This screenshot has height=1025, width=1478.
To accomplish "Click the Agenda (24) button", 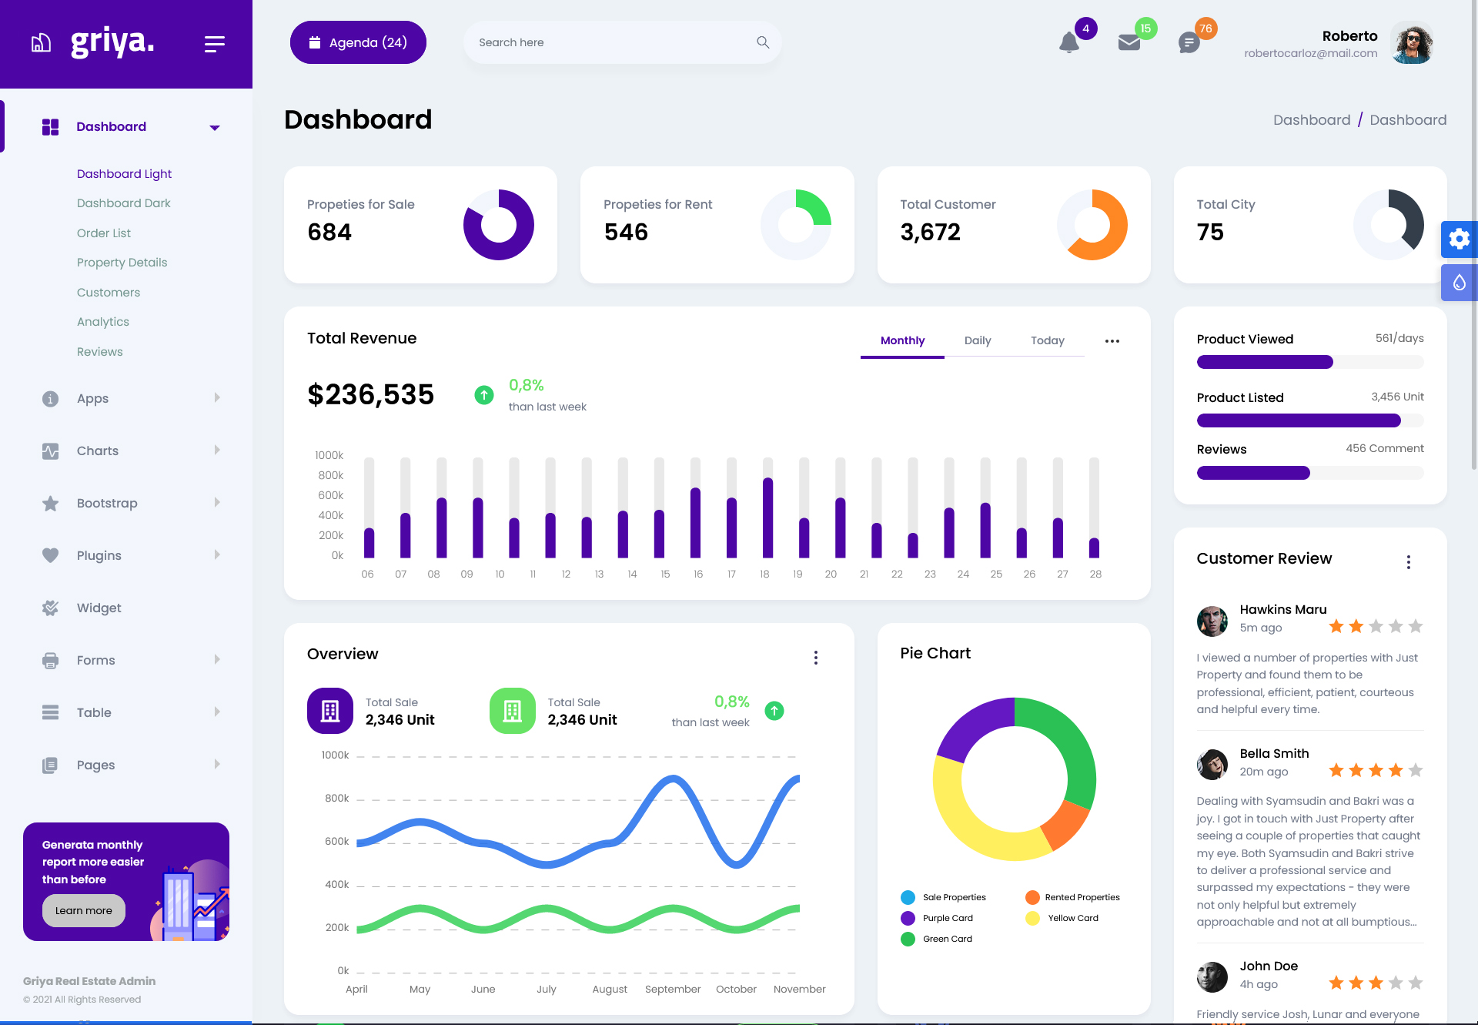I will pos(358,42).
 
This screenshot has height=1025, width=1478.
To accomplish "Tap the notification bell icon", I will pos(1068,42).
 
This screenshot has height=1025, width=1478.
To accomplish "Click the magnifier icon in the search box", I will pos(762,42).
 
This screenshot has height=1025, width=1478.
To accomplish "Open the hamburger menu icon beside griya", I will pos(214,44).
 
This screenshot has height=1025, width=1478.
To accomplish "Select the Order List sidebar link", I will pos(104,233).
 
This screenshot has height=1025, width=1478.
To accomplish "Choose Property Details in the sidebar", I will pos(122,263).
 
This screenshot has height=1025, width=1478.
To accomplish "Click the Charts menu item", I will pos(98,451).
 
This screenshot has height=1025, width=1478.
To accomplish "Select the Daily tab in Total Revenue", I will pos(978,340).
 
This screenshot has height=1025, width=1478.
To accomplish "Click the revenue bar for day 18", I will pos(767,518).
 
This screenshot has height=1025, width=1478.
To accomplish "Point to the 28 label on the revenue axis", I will pos(1095,574).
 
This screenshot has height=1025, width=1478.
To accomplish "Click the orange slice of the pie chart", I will pos(1065,825).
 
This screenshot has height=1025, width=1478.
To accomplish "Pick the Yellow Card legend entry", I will pos(1072,918).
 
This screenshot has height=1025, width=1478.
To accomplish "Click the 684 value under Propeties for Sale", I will pos(329,232).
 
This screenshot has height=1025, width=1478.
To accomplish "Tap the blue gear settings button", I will pos(1459,239).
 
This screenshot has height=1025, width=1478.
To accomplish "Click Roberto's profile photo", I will pos(1413,43).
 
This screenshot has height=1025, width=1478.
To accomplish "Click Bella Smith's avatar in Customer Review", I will pos(1212,764).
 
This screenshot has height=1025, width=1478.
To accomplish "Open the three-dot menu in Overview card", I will pos(816,658).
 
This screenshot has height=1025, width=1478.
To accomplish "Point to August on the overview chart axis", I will pos(610,989).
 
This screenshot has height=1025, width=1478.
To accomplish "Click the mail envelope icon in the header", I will pos(1129,42).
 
